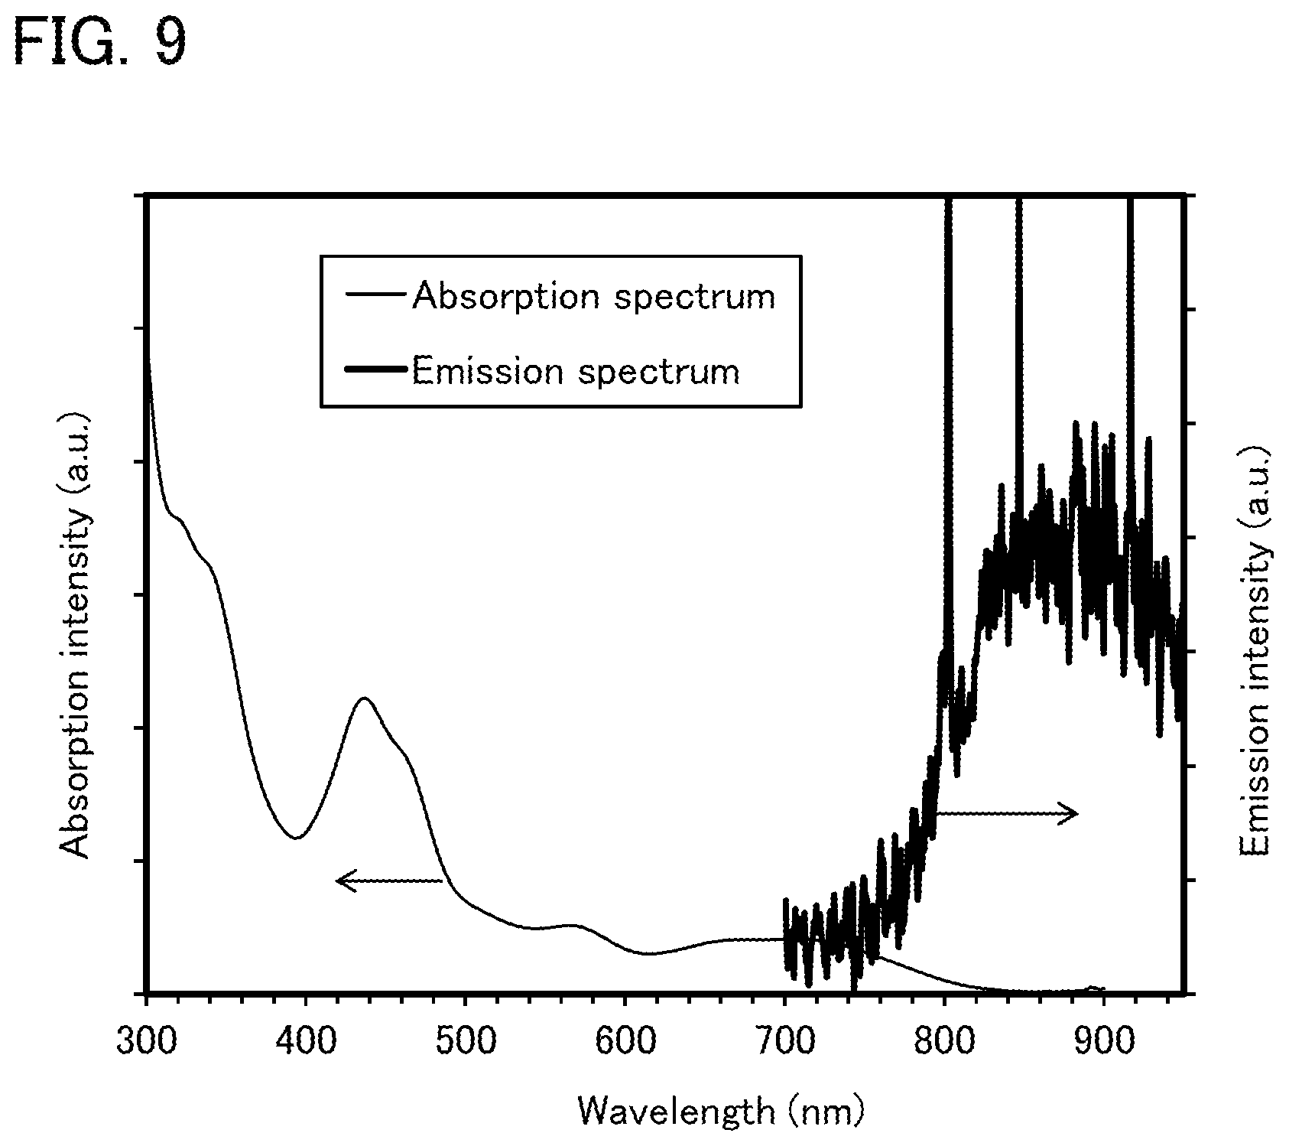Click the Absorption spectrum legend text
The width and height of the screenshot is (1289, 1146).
click(593, 297)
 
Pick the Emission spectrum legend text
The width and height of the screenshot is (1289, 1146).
click(576, 373)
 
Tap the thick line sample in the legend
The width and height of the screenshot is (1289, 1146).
click(377, 370)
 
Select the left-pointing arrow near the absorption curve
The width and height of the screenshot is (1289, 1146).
click(389, 881)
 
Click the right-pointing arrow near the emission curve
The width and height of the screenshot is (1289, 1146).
click(1007, 812)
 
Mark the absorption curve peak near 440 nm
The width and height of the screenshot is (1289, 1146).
click(365, 698)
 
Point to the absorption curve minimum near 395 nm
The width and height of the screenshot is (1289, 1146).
click(295, 838)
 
